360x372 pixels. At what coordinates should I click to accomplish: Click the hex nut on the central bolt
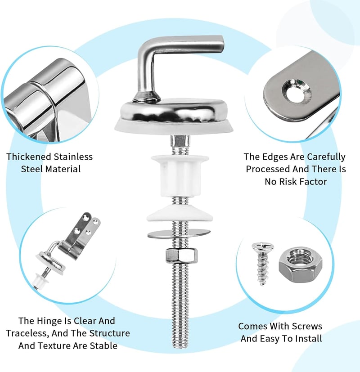coord(181,255)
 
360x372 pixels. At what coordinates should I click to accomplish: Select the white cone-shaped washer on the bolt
coord(180,213)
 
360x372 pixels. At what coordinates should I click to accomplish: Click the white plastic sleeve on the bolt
coord(180,175)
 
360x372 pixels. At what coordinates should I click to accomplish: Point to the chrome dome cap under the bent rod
coord(173,113)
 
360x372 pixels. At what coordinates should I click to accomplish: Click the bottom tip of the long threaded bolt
coord(181,347)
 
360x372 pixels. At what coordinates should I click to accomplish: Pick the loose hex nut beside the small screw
coord(300,265)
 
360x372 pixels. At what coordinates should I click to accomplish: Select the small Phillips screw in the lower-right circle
coord(262,263)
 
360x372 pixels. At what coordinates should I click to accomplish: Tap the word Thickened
coord(29,157)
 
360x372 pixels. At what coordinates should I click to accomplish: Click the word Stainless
coord(73,157)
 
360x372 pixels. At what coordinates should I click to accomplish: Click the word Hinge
coord(49,321)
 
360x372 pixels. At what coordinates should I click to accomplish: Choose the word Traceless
coord(27,334)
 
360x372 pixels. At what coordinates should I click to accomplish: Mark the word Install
coord(309,339)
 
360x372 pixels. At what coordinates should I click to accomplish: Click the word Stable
coord(103,346)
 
